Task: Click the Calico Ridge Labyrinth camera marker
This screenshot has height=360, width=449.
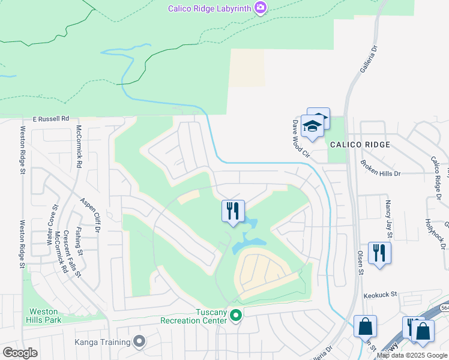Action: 260,8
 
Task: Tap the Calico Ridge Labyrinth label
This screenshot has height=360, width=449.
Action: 210,8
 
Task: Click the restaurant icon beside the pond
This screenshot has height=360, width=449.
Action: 233,211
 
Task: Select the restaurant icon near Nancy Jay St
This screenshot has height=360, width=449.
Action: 379,252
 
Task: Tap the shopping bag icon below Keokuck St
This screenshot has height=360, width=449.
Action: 365,327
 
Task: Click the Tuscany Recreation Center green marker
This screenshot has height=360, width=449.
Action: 236,315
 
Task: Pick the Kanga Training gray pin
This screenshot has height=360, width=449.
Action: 140,342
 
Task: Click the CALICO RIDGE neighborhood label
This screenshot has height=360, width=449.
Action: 360,145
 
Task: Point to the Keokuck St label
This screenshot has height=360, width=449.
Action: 381,295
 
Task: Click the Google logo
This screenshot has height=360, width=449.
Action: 20,353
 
